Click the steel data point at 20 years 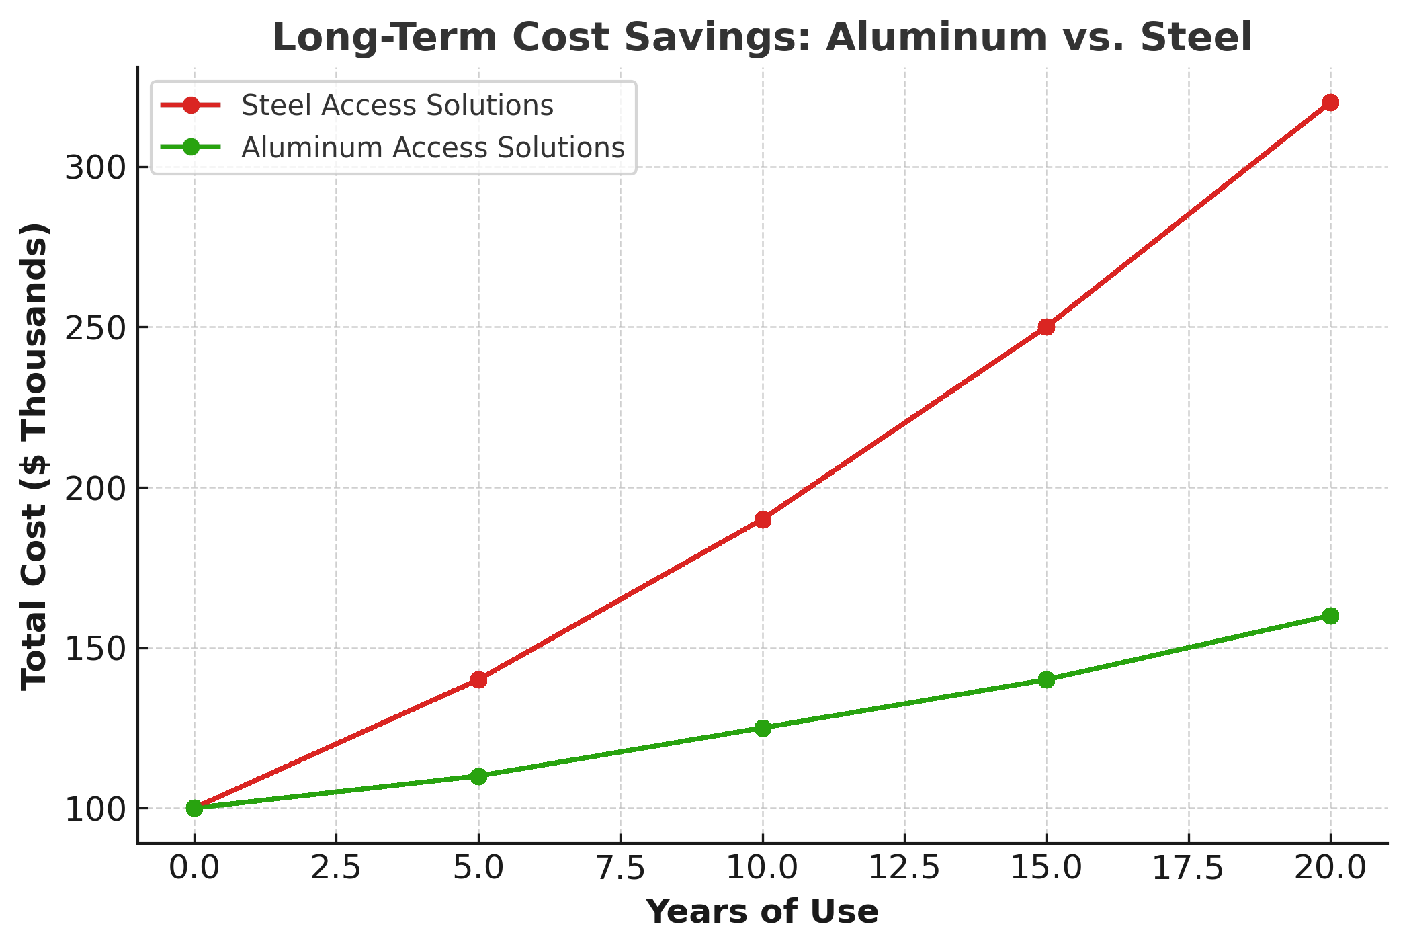[1330, 103]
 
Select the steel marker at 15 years [1046, 327]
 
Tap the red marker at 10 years [763, 520]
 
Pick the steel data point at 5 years [478, 679]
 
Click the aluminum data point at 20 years [1330, 616]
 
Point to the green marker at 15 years [1046, 679]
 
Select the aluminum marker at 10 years [763, 728]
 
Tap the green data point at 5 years [478, 776]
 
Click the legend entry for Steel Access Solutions [397, 106]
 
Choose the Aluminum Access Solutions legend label [433, 148]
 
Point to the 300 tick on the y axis [96, 168]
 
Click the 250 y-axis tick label [96, 328]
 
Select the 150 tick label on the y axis [96, 649]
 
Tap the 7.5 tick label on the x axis [620, 868]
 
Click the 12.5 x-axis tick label [904, 868]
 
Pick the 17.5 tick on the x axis [1189, 868]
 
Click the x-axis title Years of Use [762, 912]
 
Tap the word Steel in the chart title [1196, 38]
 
